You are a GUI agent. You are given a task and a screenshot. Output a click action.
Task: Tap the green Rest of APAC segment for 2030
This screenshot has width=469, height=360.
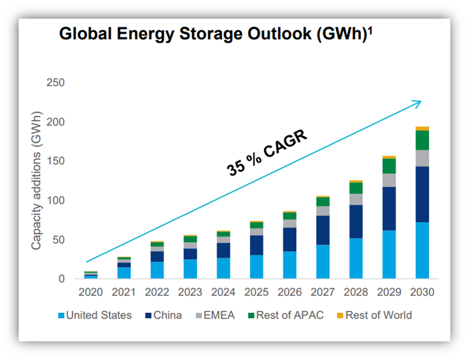point(422,140)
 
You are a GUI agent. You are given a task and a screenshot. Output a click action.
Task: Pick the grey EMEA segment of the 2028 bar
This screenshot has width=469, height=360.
point(356,199)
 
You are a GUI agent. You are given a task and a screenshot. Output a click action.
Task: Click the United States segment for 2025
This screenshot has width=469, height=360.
point(256,267)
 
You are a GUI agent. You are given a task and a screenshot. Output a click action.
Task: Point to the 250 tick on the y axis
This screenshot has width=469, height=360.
point(55,83)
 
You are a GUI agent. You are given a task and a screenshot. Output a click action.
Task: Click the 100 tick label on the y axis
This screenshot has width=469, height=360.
point(55,201)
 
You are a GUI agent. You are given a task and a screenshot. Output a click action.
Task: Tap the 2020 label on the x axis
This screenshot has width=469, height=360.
point(91,292)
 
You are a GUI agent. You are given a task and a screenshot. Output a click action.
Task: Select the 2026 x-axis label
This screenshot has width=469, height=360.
point(289,292)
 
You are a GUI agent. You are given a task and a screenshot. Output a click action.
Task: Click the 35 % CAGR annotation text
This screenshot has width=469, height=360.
point(266,151)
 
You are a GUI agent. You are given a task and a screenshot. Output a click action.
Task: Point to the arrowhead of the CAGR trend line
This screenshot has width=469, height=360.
point(418,102)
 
